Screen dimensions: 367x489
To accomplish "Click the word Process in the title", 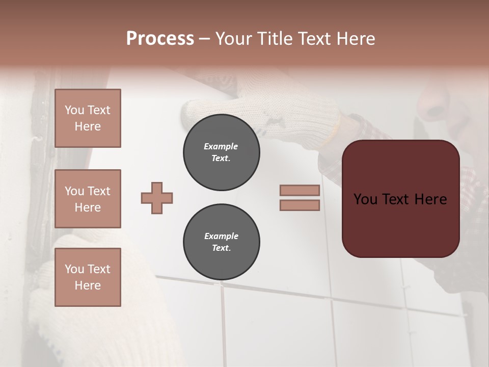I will [x=160, y=39].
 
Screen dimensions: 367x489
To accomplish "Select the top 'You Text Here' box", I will [x=88, y=118].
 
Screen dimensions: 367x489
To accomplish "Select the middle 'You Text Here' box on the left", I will [x=88, y=199].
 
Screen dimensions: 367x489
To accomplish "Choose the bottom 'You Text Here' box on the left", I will [x=88, y=277].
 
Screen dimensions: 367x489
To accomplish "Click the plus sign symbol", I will [x=157, y=198].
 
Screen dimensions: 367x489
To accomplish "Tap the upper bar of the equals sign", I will [x=300, y=190].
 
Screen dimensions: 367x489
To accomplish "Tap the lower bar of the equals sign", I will [x=300, y=205].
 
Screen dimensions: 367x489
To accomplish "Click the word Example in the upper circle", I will [x=221, y=146].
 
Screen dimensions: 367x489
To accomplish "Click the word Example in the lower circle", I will [x=221, y=236].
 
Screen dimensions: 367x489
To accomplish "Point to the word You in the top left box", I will [x=74, y=110].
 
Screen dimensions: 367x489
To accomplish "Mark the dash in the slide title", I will [x=204, y=39].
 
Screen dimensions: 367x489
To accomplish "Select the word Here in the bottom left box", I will [x=88, y=285].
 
